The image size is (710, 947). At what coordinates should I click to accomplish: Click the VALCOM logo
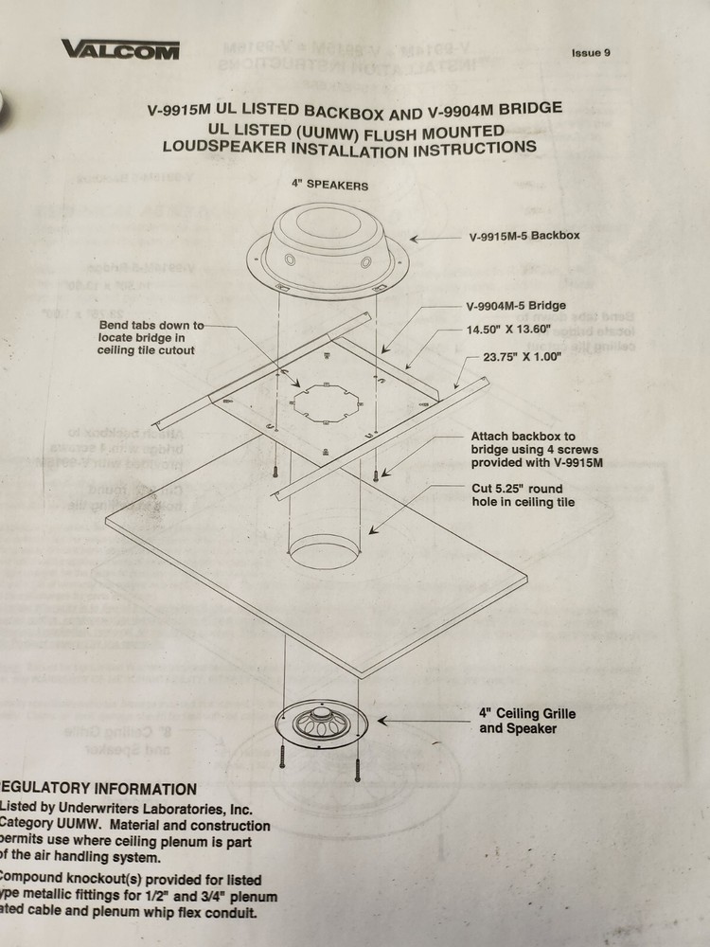[120, 49]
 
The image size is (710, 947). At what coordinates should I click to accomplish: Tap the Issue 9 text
[591, 52]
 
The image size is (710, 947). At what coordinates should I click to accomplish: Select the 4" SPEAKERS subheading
[330, 185]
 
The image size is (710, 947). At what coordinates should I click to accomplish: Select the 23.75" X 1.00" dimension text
[522, 357]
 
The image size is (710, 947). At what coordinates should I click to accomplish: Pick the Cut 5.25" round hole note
[523, 494]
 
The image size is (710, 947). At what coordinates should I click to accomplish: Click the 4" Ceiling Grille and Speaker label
[527, 721]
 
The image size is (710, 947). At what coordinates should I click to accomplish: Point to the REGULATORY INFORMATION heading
[99, 789]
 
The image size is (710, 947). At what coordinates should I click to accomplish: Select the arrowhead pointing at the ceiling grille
[382, 721]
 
